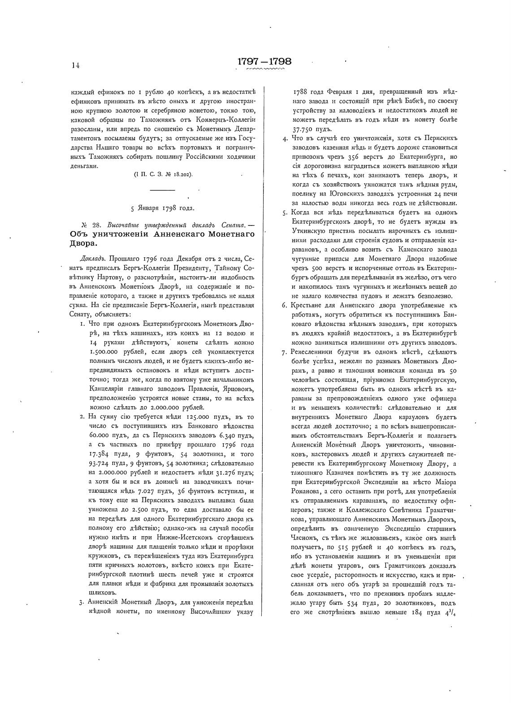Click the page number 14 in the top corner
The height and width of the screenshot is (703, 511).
(x=75, y=65)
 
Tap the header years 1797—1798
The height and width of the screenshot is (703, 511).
(x=264, y=61)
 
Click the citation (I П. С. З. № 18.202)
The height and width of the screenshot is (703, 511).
(x=163, y=175)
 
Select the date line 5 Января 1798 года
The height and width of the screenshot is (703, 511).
(x=162, y=208)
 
